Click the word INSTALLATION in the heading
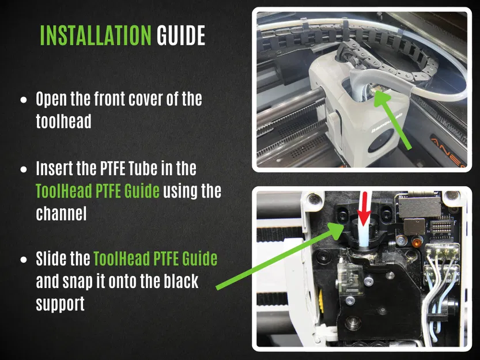coord(96,36)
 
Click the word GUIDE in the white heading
coord(181,36)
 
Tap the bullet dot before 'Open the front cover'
coord(24,100)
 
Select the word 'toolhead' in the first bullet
coord(63,121)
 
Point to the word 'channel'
coord(61,213)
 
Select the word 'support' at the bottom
coord(61,304)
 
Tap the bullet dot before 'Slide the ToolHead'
coord(24,260)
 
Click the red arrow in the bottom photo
coord(364,209)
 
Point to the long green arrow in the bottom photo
coord(280,256)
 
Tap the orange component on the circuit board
coord(415,242)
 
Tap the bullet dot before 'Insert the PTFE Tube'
coord(24,169)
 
